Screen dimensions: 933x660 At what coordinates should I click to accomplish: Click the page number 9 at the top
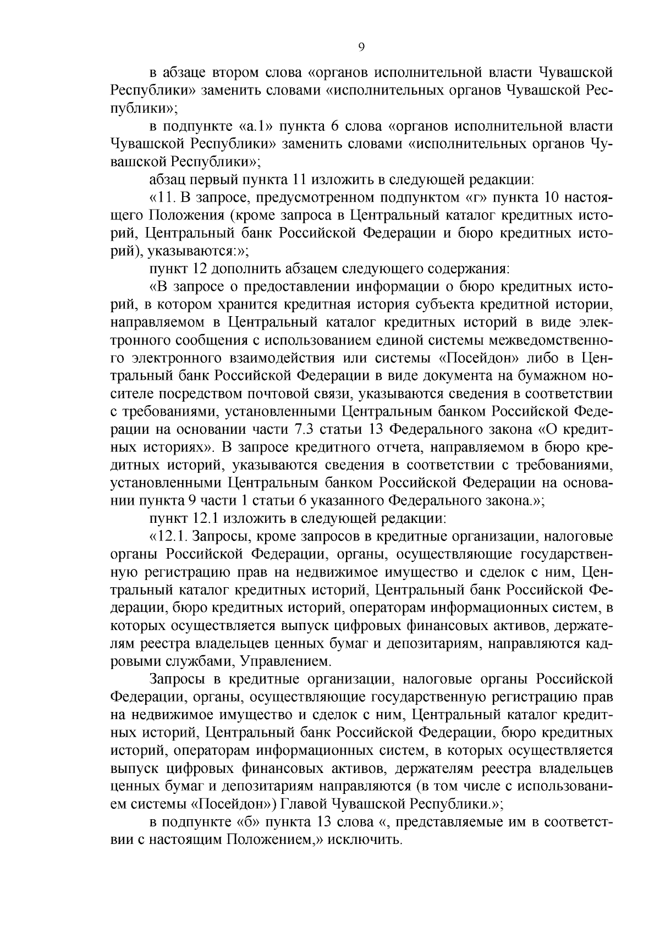(x=361, y=47)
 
